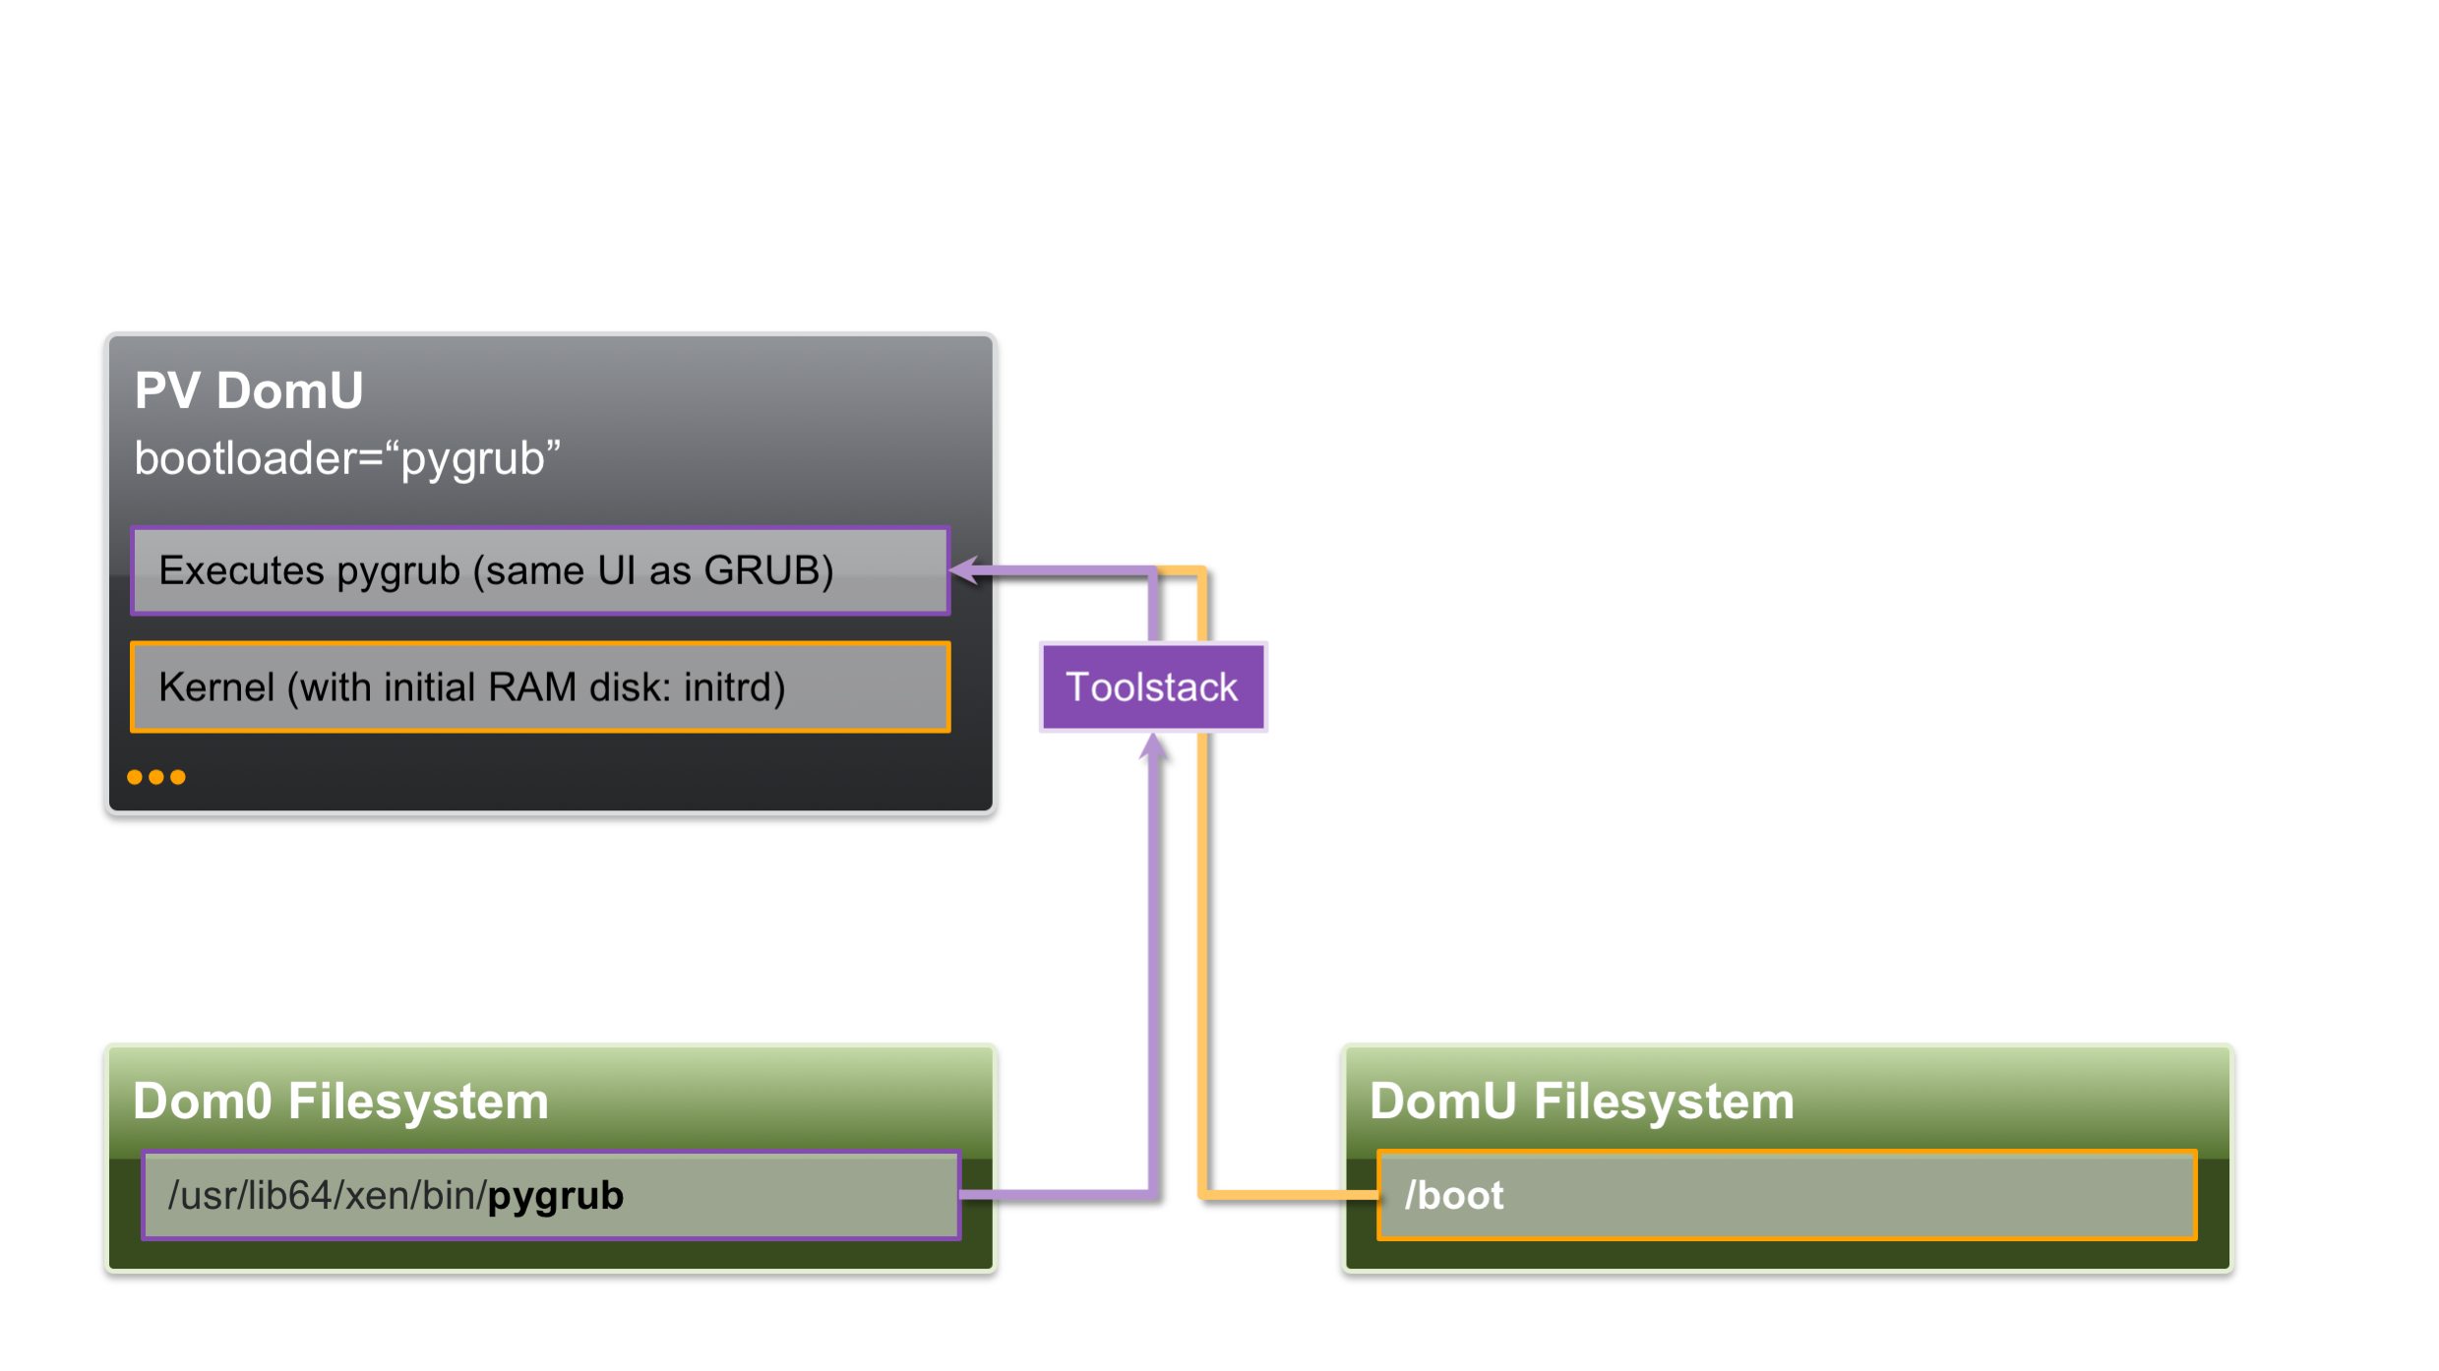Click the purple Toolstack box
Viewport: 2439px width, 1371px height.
tap(1152, 687)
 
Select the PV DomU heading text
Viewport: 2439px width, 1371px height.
tap(249, 390)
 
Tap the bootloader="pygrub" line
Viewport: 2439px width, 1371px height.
tap(347, 458)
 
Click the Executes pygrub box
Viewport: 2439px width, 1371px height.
tap(540, 570)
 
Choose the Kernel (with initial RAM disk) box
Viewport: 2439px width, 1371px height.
tap(540, 687)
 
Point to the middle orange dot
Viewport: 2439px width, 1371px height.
tap(156, 777)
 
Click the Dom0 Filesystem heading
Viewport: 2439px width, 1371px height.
tap(340, 1101)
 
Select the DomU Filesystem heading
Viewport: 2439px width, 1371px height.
tap(1582, 1101)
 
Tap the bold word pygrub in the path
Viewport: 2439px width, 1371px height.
tap(556, 1196)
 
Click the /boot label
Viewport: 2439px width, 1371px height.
tap(1454, 1196)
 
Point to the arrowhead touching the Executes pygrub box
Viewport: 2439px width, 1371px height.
tap(965, 570)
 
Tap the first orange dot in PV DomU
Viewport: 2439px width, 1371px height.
tap(135, 777)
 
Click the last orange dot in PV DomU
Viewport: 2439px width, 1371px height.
tap(178, 777)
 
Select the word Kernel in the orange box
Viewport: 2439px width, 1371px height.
tap(216, 687)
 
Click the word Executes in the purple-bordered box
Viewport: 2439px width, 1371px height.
tap(241, 570)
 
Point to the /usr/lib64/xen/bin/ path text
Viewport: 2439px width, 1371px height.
tap(327, 1196)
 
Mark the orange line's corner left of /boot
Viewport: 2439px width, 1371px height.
tap(1203, 1195)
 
